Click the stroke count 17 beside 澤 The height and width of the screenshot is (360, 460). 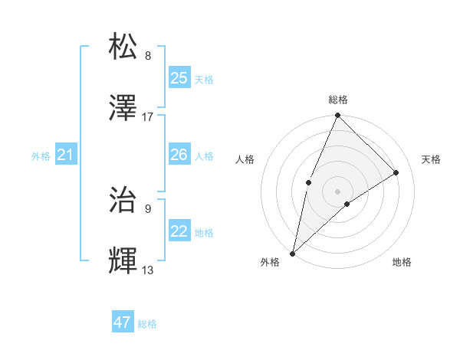tap(148, 117)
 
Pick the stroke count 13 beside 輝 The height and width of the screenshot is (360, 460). tap(148, 270)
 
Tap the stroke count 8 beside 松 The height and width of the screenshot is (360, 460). tap(148, 56)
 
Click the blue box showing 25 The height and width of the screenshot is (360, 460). tap(179, 78)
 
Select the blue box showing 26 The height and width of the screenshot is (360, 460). tap(179, 155)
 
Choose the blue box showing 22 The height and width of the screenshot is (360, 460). tap(179, 231)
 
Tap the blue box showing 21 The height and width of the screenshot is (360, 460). tap(66, 155)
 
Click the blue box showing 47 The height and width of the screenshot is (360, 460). tap(123, 322)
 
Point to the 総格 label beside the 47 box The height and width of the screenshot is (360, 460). tap(148, 324)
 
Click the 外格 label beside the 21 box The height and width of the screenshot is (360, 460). tap(41, 156)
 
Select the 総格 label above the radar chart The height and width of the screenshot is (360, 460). tap(338, 100)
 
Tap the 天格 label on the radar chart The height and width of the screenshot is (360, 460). tap(432, 159)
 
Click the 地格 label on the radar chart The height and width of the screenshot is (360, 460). tap(402, 262)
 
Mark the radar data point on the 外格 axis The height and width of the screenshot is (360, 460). tap(292, 253)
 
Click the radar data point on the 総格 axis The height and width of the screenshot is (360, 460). tap(338, 116)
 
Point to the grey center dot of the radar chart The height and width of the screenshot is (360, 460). tap(338, 190)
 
